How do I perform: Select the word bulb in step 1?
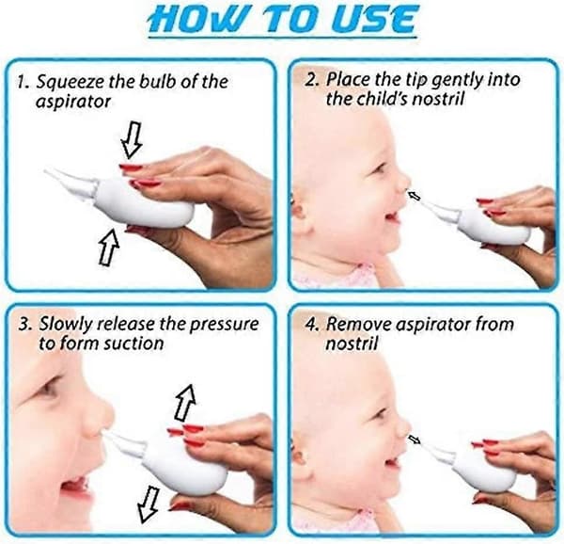point(157,81)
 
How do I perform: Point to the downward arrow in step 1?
point(132,139)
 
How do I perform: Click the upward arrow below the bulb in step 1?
point(109,247)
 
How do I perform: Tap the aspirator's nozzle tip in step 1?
point(47,170)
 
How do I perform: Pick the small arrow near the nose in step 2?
point(414,196)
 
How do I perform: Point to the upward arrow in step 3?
point(185,402)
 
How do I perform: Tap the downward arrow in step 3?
point(149,504)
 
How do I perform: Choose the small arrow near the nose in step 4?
point(414,440)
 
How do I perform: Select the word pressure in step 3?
point(224,325)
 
